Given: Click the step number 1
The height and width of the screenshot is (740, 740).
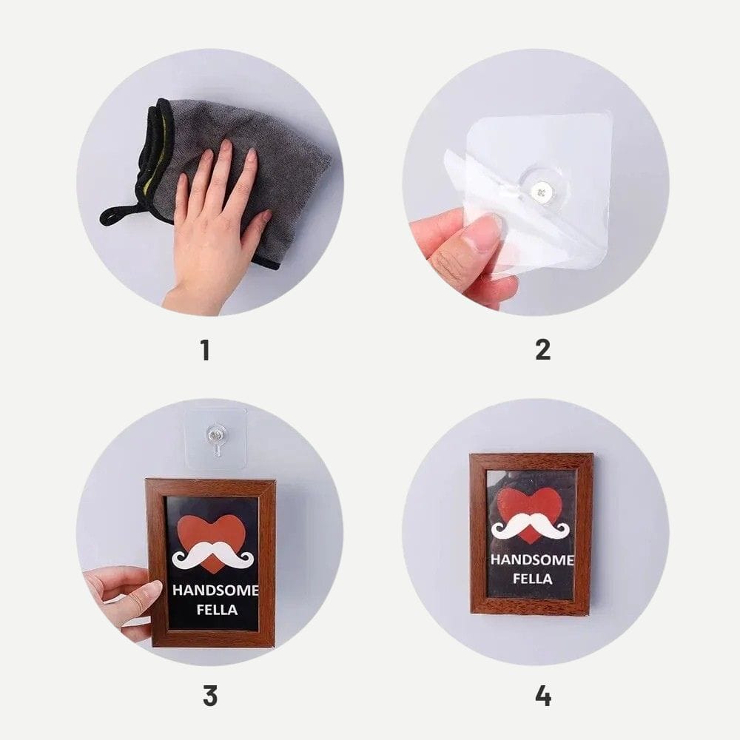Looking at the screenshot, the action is click(205, 350).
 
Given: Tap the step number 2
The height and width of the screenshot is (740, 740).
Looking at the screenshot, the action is click(542, 350).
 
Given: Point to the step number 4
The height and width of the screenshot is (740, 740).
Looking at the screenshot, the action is click(543, 696).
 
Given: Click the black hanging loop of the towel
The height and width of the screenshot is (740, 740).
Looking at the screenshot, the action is click(118, 215).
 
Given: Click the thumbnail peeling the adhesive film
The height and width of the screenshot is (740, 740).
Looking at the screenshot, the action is click(482, 234).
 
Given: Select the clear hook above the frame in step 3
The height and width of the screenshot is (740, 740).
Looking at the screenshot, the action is click(215, 437).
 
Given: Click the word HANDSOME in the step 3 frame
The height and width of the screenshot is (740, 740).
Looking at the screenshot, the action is click(215, 591).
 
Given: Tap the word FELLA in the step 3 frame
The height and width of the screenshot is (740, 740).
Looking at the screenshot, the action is click(217, 610).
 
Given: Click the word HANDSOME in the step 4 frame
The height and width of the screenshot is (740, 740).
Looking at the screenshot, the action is click(532, 559).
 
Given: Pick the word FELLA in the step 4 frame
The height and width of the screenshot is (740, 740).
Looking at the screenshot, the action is click(532, 579).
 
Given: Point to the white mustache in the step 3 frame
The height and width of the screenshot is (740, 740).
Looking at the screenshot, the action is click(213, 554).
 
